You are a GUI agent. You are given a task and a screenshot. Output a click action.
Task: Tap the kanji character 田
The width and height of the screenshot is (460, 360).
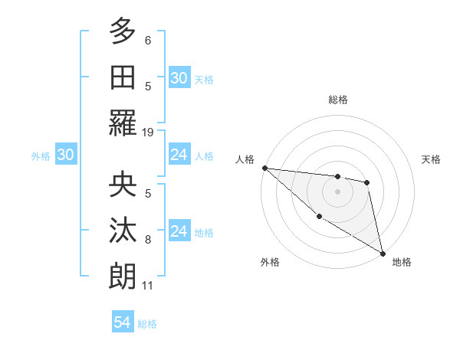pyautogui.click(x=123, y=77)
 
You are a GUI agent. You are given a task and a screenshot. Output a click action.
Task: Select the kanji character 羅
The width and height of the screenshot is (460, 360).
pyautogui.click(x=123, y=123)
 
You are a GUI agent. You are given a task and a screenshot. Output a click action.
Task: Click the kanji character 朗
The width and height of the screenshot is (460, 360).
pyautogui.click(x=123, y=276)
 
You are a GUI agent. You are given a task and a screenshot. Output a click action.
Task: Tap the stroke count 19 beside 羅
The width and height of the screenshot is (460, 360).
pyautogui.click(x=148, y=133)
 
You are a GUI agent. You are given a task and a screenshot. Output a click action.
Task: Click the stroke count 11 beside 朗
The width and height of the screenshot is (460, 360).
pyautogui.click(x=148, y=286)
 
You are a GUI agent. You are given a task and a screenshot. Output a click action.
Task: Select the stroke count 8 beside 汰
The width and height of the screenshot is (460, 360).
pyautogui.click(x=148, y=240)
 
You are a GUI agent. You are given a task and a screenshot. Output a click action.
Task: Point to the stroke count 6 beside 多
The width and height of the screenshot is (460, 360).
pyautogui.click(x=148, y=40)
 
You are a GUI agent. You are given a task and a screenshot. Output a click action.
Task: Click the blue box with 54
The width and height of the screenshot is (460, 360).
pyautogui.click(x=122, y=322)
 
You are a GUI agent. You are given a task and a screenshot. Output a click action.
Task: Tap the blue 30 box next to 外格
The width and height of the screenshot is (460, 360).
pyautogui.click(x=65, y=155)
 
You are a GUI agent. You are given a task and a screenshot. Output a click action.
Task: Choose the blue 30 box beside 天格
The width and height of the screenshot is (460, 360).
pyautogui.click(x=179, y=78)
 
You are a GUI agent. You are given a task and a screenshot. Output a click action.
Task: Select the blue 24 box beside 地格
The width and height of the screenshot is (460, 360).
pyautogui.click(x=179, y=231)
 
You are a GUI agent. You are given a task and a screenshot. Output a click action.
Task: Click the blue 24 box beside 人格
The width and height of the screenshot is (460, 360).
pyautogui.click(x=179, y=155)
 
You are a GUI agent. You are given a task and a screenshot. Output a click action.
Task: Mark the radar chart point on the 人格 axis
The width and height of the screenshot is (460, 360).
pyautogui.click(x=264, y=168)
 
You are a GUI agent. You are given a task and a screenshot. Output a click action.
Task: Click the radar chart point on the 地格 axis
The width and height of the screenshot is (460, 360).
pyautogui.click(x=383, y=253)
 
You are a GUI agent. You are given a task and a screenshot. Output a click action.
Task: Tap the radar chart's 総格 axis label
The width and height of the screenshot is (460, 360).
pyautogui.click(x=338, y=100)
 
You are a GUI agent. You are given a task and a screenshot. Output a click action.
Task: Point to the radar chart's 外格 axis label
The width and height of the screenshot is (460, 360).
pyautogui.click(x=270, y=262)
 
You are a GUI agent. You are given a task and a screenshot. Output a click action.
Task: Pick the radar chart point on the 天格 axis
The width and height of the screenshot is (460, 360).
pyautogui.click(x=367, y=182)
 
